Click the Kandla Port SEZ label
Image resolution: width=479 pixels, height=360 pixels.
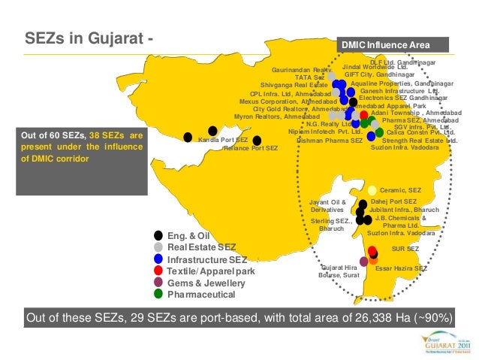(x=222, y=141)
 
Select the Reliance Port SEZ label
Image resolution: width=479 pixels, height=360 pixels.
(x=251, y=149)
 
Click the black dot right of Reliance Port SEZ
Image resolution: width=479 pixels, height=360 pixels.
(x=257, y=140)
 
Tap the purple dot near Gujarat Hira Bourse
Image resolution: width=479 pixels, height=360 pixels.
(x=363, y=261)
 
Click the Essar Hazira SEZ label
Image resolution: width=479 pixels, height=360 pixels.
(x=401, y=268)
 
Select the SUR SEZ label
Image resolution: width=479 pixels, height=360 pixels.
(x=405, y=249)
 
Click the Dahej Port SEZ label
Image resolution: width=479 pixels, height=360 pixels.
(x=394, y=201)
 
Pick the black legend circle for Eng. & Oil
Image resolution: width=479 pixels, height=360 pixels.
(x=158, y=235)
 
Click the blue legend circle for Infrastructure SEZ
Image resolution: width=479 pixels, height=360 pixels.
(x=158, y=259)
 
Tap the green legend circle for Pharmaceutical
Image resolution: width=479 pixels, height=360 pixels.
(x=158, y=295)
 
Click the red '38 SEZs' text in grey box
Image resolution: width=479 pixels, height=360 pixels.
(x=110, y=136)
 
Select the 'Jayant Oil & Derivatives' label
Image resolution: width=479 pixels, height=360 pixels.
(x=328, y=206)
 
